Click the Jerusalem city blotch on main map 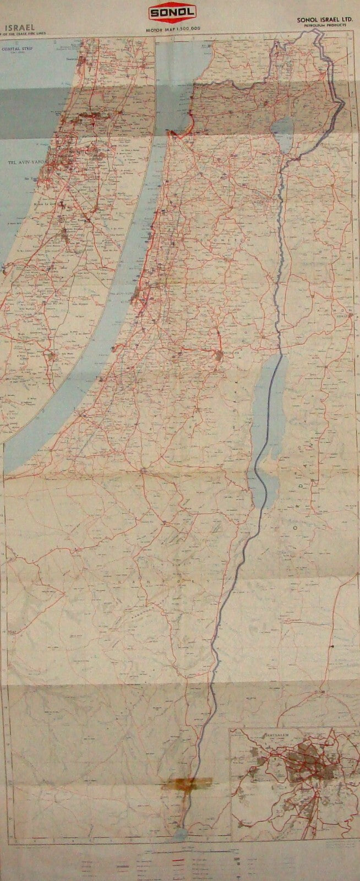221,355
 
